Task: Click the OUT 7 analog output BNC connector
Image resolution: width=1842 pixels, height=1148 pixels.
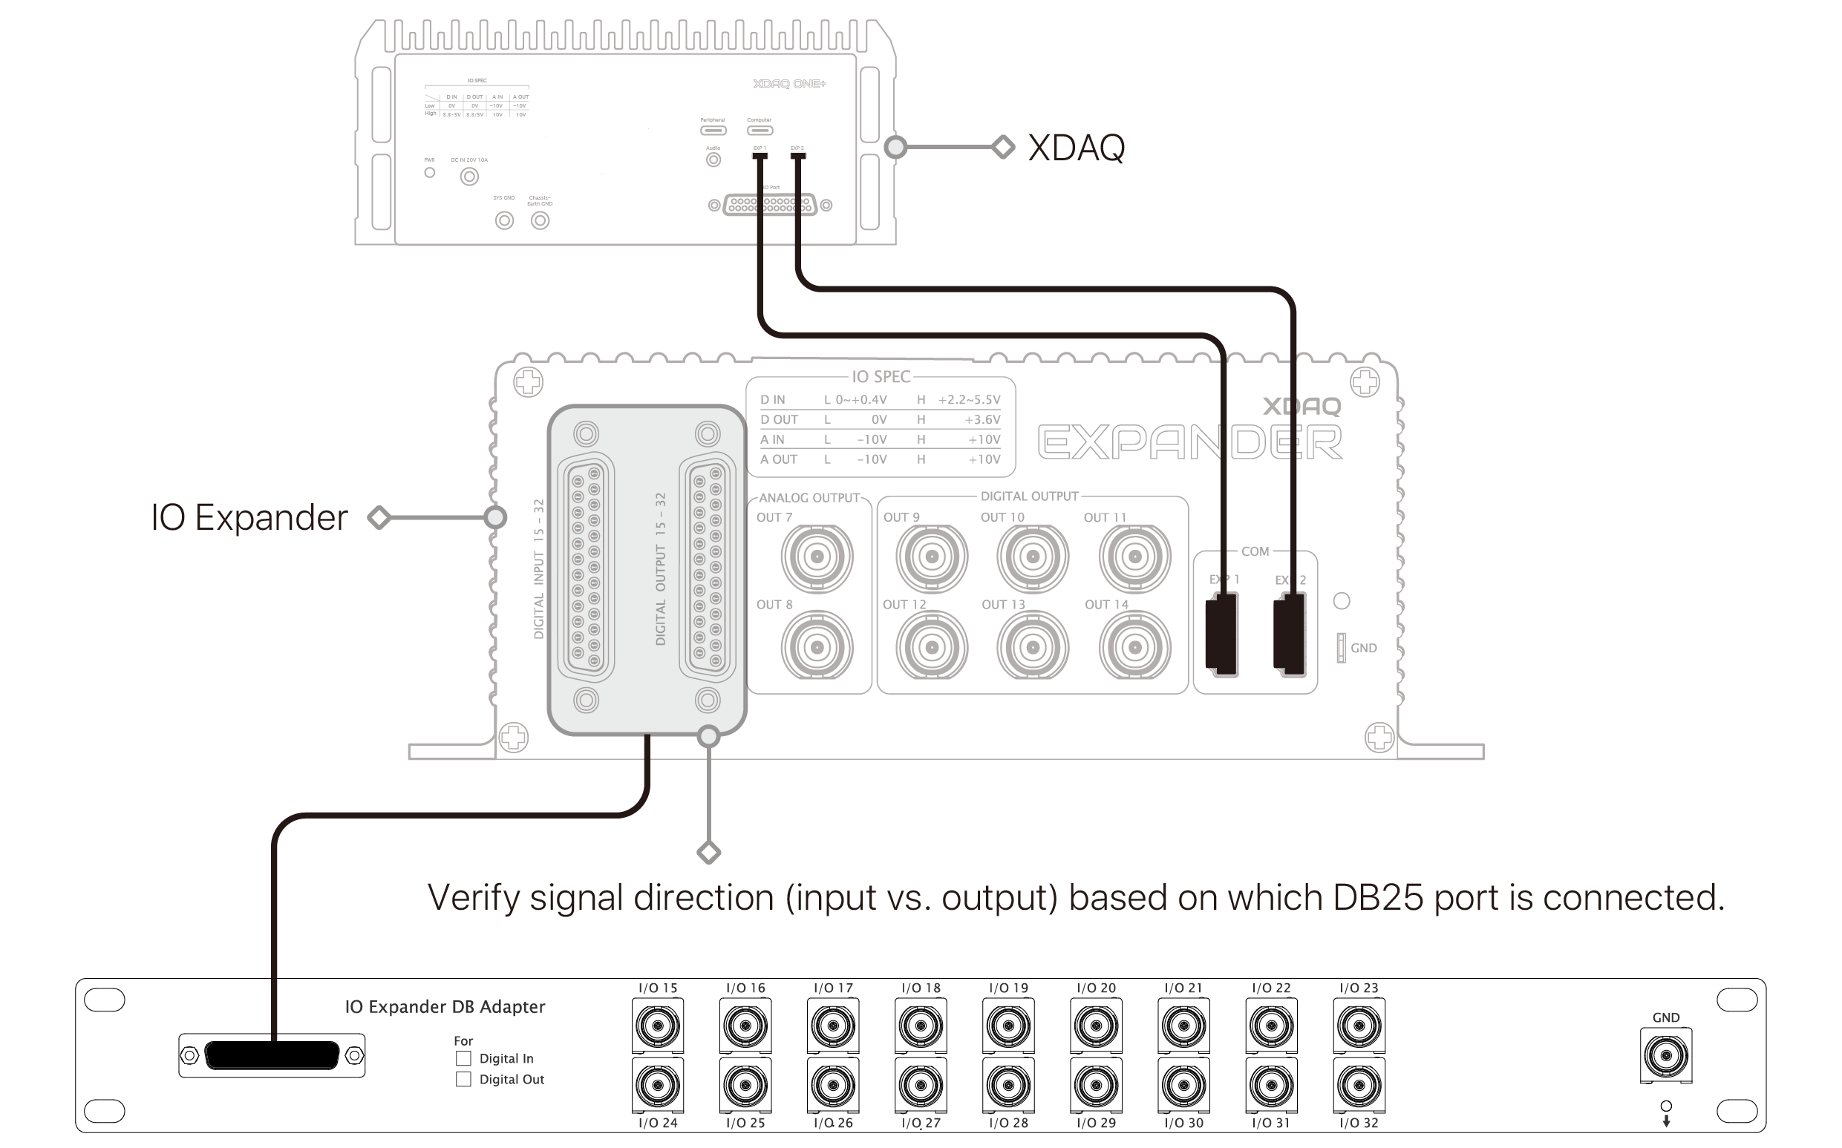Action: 817,557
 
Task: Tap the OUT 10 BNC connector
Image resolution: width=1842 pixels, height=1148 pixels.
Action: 1032,557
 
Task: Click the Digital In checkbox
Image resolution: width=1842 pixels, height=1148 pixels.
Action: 463,1058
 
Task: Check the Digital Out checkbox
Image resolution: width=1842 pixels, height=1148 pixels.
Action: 463,1080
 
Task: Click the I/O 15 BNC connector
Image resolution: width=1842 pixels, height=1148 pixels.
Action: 658,1026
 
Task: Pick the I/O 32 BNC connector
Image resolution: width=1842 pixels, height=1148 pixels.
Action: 1359,1085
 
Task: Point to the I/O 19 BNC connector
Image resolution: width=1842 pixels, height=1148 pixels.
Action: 1009,1026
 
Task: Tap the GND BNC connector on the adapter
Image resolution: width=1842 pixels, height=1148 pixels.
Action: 1666,1055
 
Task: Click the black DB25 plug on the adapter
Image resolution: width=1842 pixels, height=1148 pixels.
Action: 272,1055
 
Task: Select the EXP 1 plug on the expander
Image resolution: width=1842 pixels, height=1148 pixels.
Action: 1222,634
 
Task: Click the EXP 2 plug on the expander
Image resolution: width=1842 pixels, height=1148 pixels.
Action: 1290,634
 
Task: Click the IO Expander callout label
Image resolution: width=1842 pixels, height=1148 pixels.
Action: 249,518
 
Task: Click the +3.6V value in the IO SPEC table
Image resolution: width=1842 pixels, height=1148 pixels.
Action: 982,419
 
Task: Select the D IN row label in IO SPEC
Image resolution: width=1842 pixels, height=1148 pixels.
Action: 772,399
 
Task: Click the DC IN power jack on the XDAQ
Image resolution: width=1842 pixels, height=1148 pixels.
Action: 469,177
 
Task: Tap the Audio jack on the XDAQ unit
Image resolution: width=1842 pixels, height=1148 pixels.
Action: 713,160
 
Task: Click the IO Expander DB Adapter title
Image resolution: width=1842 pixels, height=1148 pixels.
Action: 445,1007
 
